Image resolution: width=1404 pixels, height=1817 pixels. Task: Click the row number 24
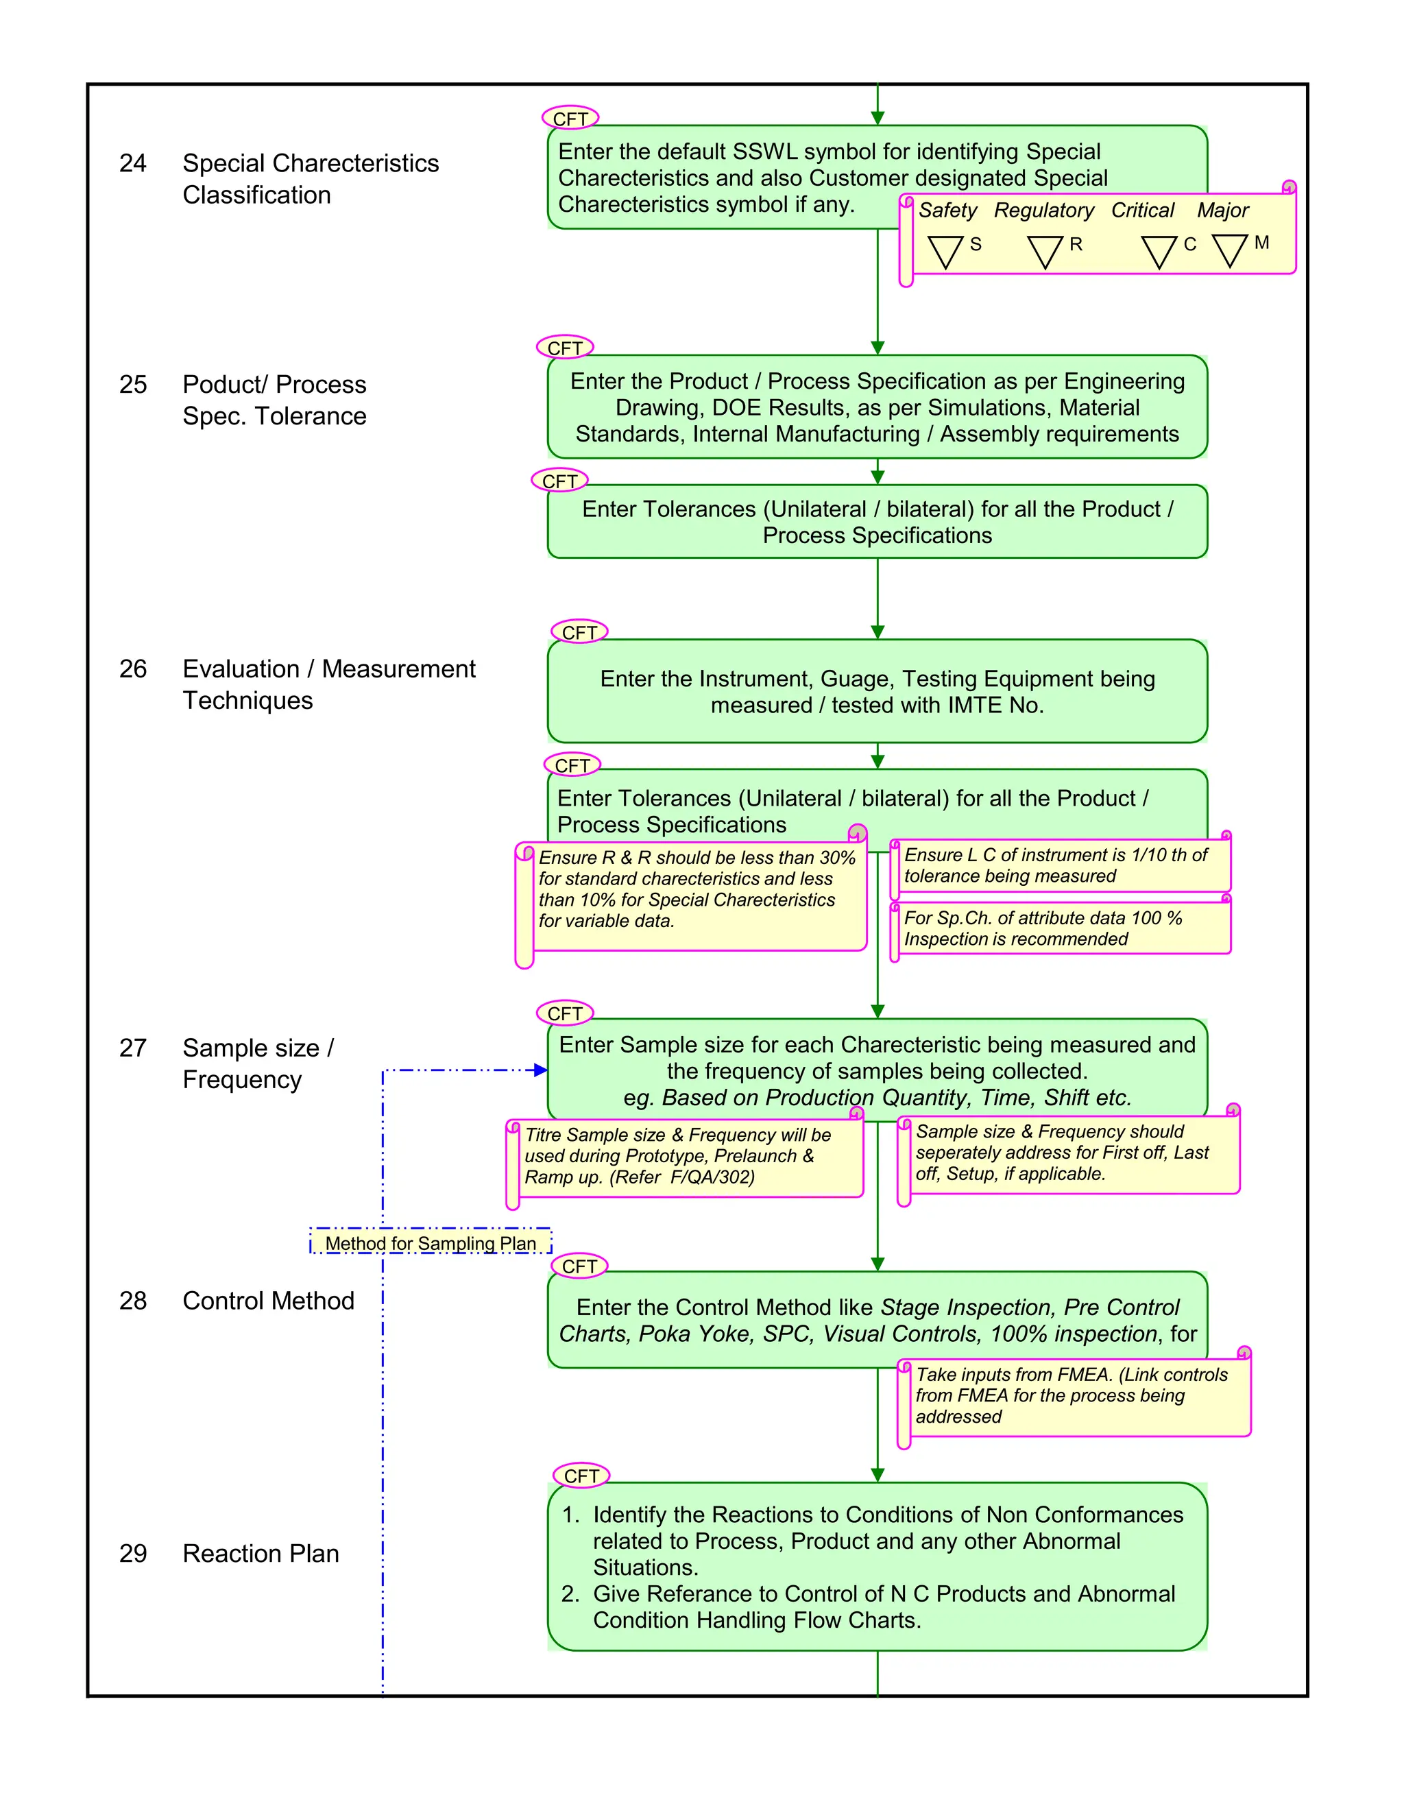132,163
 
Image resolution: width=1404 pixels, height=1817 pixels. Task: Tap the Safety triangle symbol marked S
945,251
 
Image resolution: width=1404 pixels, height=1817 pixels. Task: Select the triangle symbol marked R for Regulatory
1045,251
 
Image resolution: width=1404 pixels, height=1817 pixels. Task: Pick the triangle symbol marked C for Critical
1159,251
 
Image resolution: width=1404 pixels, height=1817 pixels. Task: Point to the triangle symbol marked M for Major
1229,250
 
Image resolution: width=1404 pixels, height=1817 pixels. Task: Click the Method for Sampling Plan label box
430,1243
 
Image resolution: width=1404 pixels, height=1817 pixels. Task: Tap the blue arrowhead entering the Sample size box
541,1070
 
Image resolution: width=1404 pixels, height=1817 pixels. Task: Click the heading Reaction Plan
261,1553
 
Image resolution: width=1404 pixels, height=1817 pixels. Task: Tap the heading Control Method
268,1300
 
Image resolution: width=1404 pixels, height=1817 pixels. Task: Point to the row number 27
132,1048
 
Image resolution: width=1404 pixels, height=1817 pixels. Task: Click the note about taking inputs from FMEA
1073,1396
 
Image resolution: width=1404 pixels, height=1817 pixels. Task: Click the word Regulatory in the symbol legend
1044,210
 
